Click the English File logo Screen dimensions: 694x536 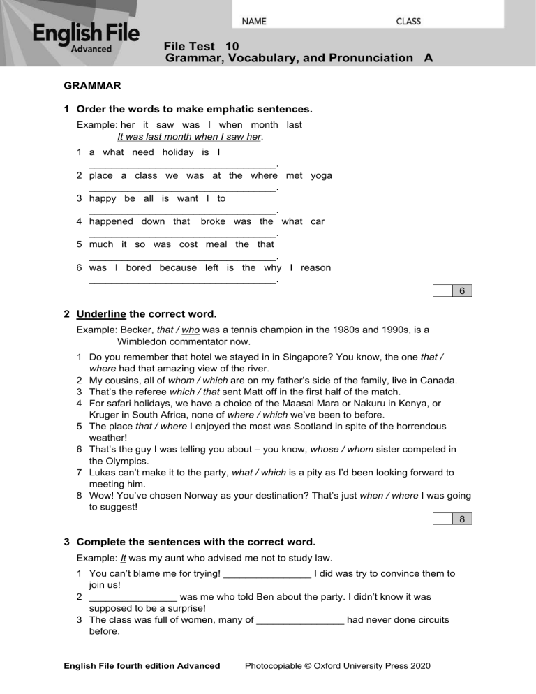86,37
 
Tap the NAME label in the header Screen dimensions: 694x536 254,21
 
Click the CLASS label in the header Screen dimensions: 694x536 408,21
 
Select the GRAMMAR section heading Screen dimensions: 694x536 92,87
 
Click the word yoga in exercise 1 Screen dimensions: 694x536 321,176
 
